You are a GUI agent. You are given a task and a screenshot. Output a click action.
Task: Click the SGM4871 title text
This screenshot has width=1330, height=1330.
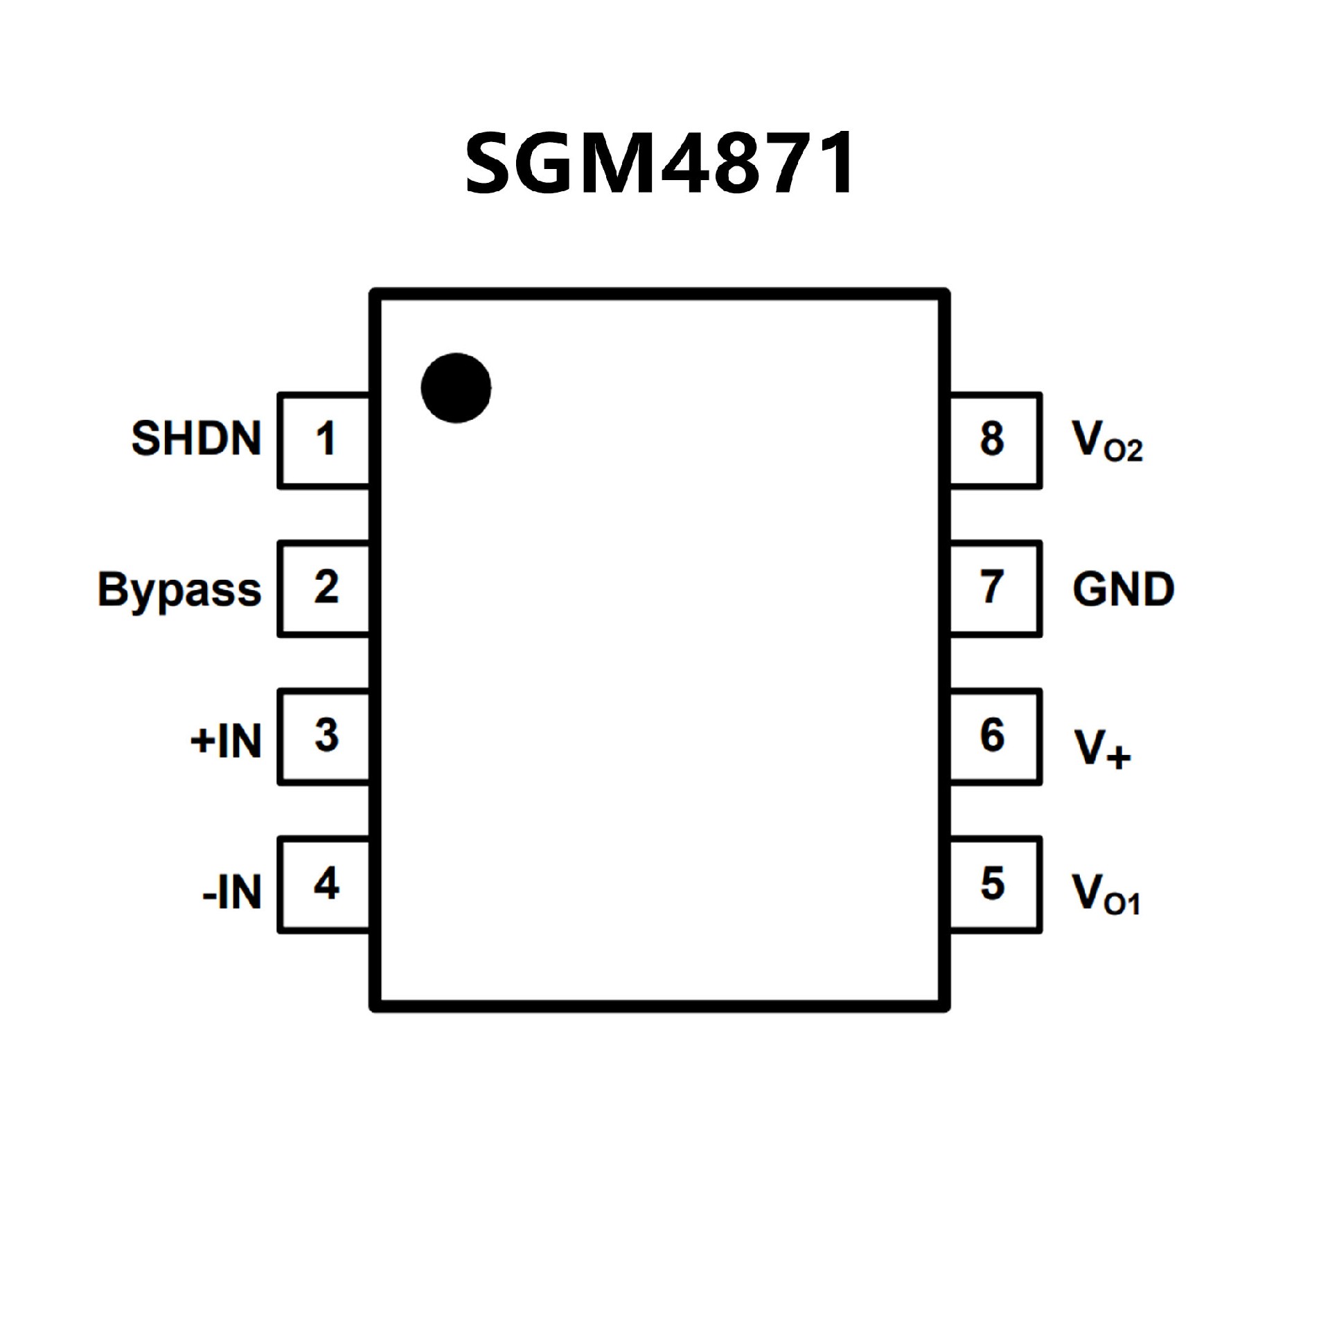tap(659, 163)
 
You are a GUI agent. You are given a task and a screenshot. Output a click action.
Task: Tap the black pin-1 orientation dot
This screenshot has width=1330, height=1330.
tap(456, 388)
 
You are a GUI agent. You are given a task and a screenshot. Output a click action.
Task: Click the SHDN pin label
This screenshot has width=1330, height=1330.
tap(196, 438)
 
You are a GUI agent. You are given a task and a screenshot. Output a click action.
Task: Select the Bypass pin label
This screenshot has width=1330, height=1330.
tap(179, 589)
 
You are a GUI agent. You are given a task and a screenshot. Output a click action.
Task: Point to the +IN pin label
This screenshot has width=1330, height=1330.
tap(226, 741)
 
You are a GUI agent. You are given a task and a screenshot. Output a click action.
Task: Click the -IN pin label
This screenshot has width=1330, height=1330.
tap(232, 892)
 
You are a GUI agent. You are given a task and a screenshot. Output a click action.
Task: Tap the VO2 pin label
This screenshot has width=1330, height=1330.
tap(1106, 441)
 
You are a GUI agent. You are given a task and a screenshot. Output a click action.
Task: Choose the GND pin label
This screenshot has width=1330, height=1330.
tap(1123, 589)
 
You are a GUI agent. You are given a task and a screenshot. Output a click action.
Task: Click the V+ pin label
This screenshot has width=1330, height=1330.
tap(1101, 748)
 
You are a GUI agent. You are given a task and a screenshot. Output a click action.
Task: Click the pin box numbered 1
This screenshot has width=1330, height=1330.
tap(323, 441)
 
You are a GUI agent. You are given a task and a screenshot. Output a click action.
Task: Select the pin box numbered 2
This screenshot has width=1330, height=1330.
tap(323, 589)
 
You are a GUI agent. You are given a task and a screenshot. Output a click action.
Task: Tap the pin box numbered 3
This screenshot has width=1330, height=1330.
tap(323, 736)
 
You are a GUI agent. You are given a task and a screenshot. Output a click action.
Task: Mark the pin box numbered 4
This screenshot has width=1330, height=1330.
tap(323, 885)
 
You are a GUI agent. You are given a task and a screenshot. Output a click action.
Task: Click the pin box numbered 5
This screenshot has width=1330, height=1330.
tap(995, 885)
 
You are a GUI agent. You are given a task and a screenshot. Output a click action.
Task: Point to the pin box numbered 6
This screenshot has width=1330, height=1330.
tap(995, 736)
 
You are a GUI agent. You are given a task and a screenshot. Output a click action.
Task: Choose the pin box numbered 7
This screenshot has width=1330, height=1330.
tap(995, 589)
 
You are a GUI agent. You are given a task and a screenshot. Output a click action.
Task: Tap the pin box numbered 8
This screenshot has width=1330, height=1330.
tap(995, 441)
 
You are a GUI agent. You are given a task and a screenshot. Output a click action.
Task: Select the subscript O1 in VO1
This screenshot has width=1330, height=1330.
tap(1121, 905)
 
